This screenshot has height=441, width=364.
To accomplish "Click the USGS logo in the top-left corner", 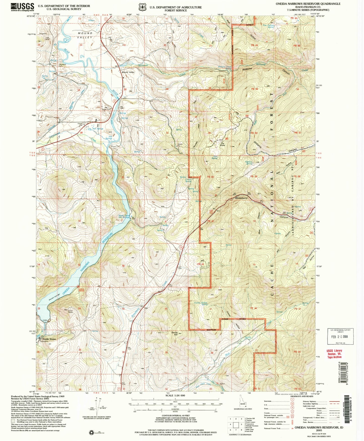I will pyautogui.click(x=22, y=7).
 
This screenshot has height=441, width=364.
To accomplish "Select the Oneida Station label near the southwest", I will pyautogui.click(x=49, y=339).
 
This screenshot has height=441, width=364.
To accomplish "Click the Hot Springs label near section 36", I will pyautogui.click(x=98, y=129).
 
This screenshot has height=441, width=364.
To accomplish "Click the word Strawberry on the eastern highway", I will pyautogui.click(x=241, y=198).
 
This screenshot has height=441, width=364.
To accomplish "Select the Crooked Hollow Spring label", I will pyautogui.click(x=201, y=303).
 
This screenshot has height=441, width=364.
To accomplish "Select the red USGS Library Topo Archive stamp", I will pyautogui.click(x=334, y=354).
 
